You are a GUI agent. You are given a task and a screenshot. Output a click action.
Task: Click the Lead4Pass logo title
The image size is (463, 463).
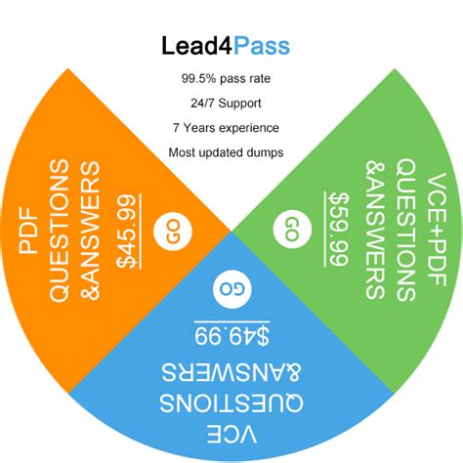point(226,46)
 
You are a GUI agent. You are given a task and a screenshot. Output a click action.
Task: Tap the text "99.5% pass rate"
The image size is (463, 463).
point(226,78)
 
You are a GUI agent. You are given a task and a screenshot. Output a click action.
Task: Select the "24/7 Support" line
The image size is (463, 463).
point(226,104)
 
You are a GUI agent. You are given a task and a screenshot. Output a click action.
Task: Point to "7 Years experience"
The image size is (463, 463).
point(226,128)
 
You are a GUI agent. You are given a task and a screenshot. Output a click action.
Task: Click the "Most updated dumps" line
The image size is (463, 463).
point(226,152)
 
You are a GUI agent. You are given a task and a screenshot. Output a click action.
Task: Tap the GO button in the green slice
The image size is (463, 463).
point(292,229)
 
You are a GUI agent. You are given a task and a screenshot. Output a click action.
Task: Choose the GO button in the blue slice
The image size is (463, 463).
point(232,289)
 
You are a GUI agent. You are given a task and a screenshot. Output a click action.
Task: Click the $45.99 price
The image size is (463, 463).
point(127,231)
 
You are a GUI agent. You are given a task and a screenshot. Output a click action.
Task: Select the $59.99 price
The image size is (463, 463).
point(338,229)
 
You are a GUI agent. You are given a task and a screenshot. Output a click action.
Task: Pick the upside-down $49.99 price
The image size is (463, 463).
point(232,334)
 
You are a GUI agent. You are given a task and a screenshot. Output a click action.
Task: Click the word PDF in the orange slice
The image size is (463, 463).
point(28,231)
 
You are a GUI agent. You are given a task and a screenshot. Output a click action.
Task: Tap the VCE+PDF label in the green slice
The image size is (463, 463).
point(437,230)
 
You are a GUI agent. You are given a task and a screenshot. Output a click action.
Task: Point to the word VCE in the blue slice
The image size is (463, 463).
point(231,434)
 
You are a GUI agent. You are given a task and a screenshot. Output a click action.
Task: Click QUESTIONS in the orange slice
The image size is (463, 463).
point(60,231)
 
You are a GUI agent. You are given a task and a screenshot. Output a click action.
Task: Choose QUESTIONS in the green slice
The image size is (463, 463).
point(405,230)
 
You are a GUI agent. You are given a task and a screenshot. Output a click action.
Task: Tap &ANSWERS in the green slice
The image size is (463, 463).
point(375,230)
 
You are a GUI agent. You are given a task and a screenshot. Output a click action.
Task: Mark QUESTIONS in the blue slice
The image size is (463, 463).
point(231,402)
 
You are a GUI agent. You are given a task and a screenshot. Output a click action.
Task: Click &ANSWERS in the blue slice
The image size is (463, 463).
point(231,372)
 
